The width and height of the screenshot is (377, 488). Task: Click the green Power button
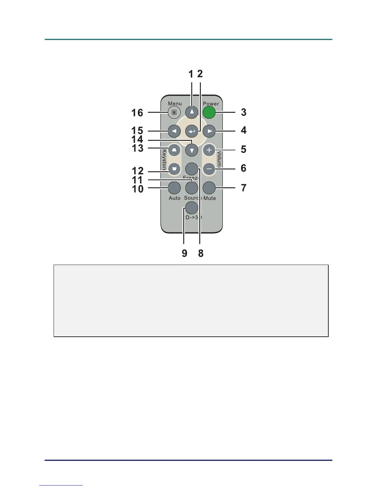pos(209,112)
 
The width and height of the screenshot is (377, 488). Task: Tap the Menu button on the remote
pos(174,112)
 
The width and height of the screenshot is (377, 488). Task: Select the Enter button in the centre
pos(192,132)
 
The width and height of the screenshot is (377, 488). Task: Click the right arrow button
pos(209,131)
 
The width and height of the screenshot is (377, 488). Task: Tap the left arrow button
pos(174,131)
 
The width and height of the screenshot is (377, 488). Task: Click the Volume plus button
pos(209,150)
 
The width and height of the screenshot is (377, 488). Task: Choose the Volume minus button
pos(209,169)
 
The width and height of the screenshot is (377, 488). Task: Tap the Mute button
pos(209,187)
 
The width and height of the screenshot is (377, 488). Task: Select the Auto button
pos(174,187)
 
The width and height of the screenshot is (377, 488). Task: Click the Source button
pos(192,187)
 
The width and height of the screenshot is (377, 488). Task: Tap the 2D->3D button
pos(192,208)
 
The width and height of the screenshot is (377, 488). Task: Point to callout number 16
pos(137,113)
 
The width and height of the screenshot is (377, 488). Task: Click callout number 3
pos(244,112)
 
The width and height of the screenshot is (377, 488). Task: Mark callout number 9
pos(184,253)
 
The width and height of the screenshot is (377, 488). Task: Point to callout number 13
pos(138,148)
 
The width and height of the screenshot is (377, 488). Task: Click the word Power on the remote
pos(211,104)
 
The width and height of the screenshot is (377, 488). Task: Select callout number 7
pos(244,188)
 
